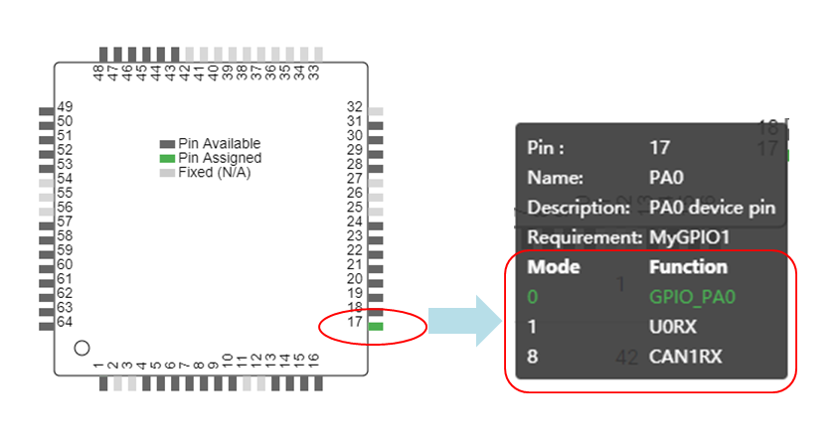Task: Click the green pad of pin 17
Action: (x=376, y=327)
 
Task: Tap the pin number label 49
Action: (x=65, y=106)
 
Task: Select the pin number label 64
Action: (x=65, y=322)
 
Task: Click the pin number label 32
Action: (x=354, y=106)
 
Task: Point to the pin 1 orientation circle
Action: (x=83, y=348)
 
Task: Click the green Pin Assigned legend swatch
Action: (x=167, y=158)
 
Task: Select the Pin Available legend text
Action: (x=219, y=144)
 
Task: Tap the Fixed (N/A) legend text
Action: (x=214, y=172)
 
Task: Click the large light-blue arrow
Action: (x=465, y=320)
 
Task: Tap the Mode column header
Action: (x=553, y=267)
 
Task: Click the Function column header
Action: (x=688, y=267)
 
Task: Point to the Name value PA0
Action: (x=666, y=178)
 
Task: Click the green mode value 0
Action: (x=532, y=296)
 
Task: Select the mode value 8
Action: (x=532, y=356)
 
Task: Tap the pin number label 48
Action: (x=97, y=74)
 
